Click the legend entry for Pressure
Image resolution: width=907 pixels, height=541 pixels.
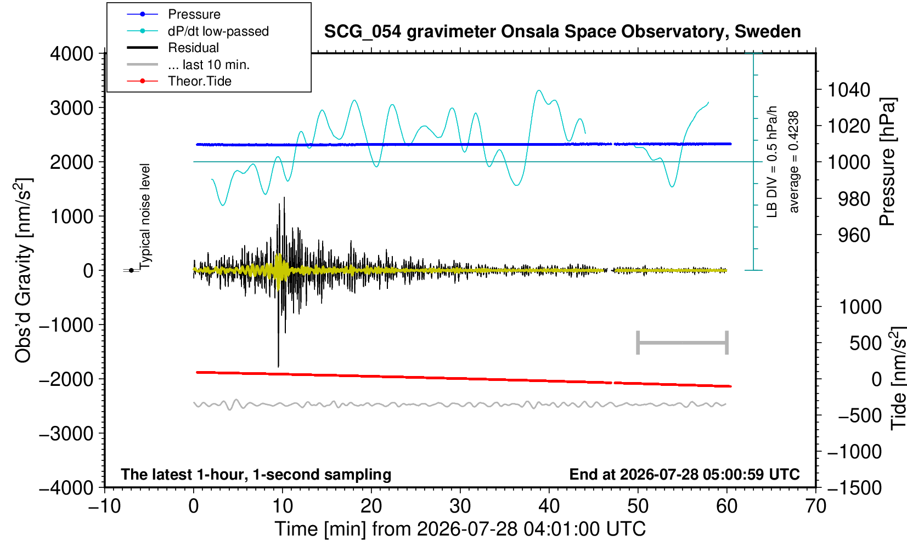[173, 14]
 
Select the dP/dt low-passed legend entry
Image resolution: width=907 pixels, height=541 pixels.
[198, 31]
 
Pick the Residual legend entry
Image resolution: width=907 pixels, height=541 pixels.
[172, 48]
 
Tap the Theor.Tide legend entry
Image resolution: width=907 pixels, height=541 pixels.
[179, 81]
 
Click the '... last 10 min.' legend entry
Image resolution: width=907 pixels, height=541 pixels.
[188, 64]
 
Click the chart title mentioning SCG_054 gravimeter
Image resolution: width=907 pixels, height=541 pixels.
[562, 32]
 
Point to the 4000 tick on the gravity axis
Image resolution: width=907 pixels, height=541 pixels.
[72, 53]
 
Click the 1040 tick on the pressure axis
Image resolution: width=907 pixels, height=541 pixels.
[849, 89]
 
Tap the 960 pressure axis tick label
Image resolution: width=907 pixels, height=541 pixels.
[854, 235]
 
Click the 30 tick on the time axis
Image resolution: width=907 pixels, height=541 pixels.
[460, 506]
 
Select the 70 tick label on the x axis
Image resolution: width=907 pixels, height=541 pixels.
[815, 506]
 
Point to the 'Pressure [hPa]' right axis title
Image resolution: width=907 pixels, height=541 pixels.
[888, 162]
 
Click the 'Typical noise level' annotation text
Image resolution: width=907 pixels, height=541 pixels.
[144, 217]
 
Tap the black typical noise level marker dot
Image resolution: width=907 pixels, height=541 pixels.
[131, 270]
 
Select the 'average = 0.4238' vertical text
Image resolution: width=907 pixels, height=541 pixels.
[793, 162]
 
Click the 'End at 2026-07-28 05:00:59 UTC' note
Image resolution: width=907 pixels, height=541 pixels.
[684, 474]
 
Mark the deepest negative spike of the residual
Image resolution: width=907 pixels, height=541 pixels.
[278, 367]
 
